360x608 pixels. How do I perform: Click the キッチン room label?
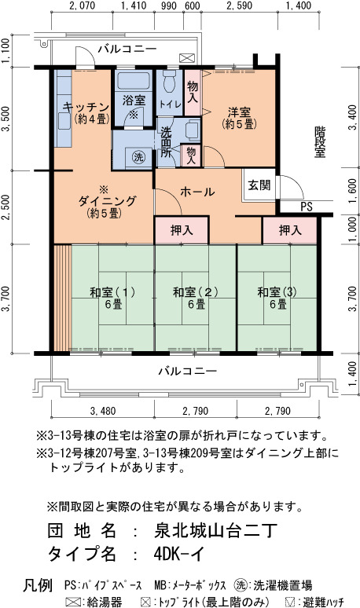[x=86, y=107]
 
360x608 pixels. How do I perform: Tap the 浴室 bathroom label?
[x=134, y=101]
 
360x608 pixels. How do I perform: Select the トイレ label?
[x=170, y=104]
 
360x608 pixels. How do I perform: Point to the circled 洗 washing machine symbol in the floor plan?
[x=138, y=156]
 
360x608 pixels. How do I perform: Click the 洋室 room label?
[x=239, y=112]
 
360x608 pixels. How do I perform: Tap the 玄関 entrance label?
[x=259, y=185]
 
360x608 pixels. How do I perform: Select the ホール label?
[x=197, y=192]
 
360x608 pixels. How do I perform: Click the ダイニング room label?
[x=107, y=201]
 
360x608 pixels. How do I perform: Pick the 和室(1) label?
[x=112, y=292]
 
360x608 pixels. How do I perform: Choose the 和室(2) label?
[x=196, y=292]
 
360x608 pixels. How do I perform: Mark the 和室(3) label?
[x=277, y=292]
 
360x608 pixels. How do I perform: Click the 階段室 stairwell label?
[x=320, y=141]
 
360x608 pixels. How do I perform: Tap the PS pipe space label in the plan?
[x=307, y=207]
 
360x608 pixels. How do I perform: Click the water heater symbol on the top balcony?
[x=187, y=58]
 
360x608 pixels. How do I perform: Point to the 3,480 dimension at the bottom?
[x=103, y=411]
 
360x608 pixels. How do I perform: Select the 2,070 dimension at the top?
[x=82, y=5]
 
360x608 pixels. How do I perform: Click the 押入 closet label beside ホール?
[x=182, y=230]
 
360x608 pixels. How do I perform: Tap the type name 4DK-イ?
[x=179, y=554]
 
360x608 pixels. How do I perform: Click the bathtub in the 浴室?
[x=134, y=80]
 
